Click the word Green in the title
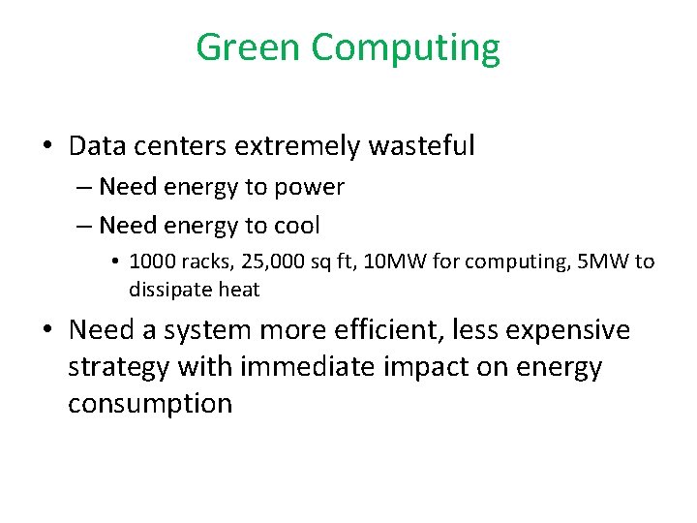coord(249,46)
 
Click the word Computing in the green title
coord(407,48)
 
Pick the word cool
coord(296,226)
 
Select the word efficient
coord(377,330)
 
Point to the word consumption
coord(150,404)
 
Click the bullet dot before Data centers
coord(46,147)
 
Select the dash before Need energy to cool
coord(84,227)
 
